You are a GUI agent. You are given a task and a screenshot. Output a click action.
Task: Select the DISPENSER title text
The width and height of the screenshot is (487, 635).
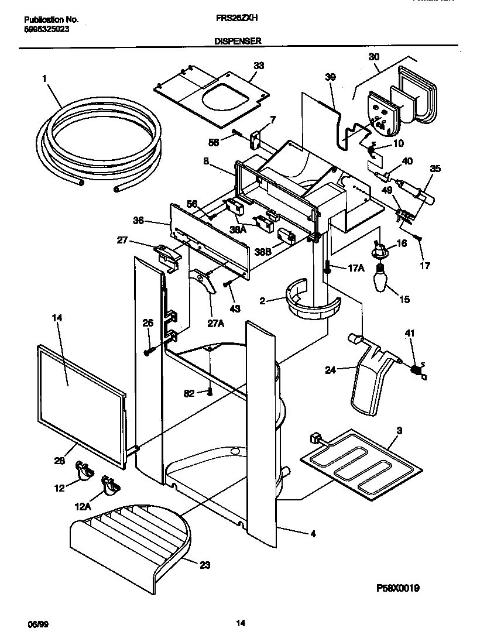238,41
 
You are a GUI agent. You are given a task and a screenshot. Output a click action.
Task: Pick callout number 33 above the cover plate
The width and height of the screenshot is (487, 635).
258,66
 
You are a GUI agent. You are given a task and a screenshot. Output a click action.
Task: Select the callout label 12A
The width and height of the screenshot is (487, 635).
83,507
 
